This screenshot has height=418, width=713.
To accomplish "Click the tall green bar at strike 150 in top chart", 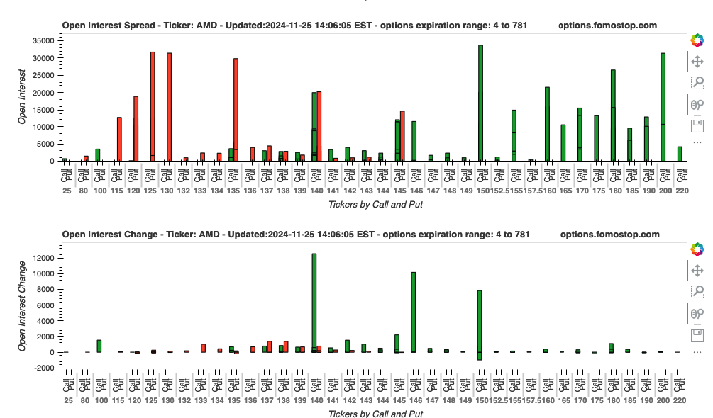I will click(x=480, y=103).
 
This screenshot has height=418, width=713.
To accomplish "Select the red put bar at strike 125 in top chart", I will click(x=153, y=106).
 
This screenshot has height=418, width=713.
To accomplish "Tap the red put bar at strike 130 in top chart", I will click(x=169, y=106).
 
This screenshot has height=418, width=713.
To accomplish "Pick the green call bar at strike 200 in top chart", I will click(x=663, y=106).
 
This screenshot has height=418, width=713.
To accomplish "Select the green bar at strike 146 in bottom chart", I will click(x=414, y=312).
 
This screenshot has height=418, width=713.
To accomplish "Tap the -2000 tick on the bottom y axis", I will click(x=45, y=368).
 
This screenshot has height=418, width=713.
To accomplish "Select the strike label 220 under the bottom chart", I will click(x=681, y=400).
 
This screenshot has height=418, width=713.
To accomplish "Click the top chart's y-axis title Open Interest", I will click(x=22, y=97).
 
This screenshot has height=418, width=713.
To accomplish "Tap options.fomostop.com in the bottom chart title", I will click(x=609, y=235).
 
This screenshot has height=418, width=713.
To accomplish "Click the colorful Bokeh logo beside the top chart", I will click(x=697, y=40).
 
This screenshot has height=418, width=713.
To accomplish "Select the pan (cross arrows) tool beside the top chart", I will click(x=697, y=62).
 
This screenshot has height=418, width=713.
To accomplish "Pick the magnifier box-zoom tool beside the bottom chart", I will click(x=697, y=291).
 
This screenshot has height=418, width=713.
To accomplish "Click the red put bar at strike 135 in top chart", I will click(x=236, y=109).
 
